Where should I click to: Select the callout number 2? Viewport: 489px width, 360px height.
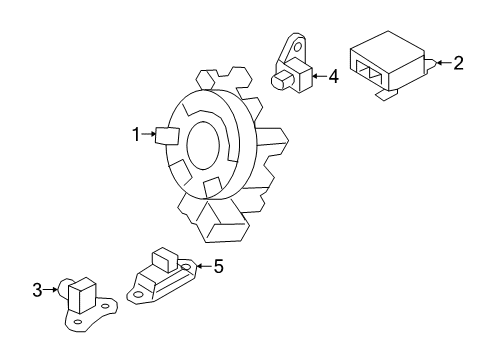coord(458,64)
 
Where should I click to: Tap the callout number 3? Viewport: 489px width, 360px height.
coord(36,290)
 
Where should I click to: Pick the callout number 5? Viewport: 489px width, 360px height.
coord(219,266)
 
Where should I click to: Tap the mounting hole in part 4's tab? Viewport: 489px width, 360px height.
coord(297,46)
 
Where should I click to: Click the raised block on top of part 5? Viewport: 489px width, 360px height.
coord(163,260)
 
